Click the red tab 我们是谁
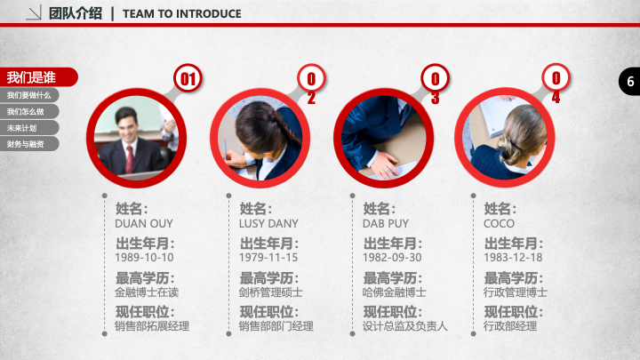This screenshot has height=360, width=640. [38, 77]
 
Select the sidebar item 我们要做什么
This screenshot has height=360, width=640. [29, 95]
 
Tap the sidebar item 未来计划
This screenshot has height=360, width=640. [29, 128]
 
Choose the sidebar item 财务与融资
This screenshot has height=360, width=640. [29, 144]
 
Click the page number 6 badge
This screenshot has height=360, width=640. [630, 81]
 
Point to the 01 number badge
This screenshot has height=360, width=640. [188, 78]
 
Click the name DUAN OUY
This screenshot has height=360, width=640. [144, 224]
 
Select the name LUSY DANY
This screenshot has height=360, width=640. [268, 224]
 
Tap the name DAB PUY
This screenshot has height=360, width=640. [385, 224]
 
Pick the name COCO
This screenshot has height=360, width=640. [499, 224]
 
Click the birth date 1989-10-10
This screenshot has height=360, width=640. [144, 258]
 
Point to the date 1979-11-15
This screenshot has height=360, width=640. [268, 258]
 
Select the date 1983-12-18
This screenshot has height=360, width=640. [513, 258]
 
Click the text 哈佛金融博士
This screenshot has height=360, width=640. [395, 292]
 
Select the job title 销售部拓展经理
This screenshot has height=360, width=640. [152, 326]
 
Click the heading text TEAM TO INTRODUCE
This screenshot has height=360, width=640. [182, 14]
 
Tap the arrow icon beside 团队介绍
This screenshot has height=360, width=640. [34, 13]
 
